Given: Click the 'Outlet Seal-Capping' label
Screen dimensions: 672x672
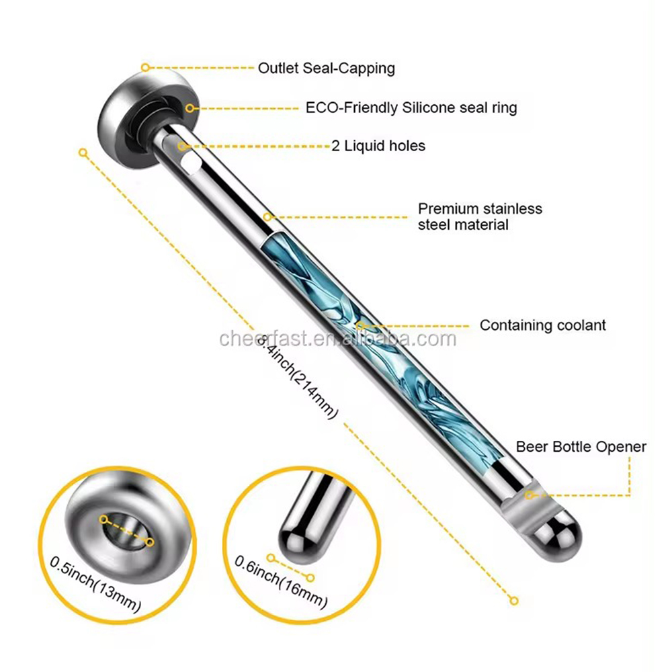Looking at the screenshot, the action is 326,69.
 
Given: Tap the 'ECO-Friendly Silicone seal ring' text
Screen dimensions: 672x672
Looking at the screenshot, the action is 411,108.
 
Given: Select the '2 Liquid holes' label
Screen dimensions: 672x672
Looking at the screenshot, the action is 378,146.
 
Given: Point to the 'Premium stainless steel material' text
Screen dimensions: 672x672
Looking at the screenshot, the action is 480,216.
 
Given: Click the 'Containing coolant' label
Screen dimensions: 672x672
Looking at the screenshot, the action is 542,325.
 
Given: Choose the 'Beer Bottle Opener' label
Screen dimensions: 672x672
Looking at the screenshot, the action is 581,447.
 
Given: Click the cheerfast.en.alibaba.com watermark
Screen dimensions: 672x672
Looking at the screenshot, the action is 338,339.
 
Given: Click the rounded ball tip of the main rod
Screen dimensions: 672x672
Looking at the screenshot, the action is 556,536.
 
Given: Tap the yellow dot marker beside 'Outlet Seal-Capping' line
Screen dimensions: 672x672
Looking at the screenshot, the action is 145,67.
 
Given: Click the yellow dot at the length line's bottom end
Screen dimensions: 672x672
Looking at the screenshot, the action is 514,601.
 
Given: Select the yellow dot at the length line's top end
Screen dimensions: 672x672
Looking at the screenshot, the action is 83,153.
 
